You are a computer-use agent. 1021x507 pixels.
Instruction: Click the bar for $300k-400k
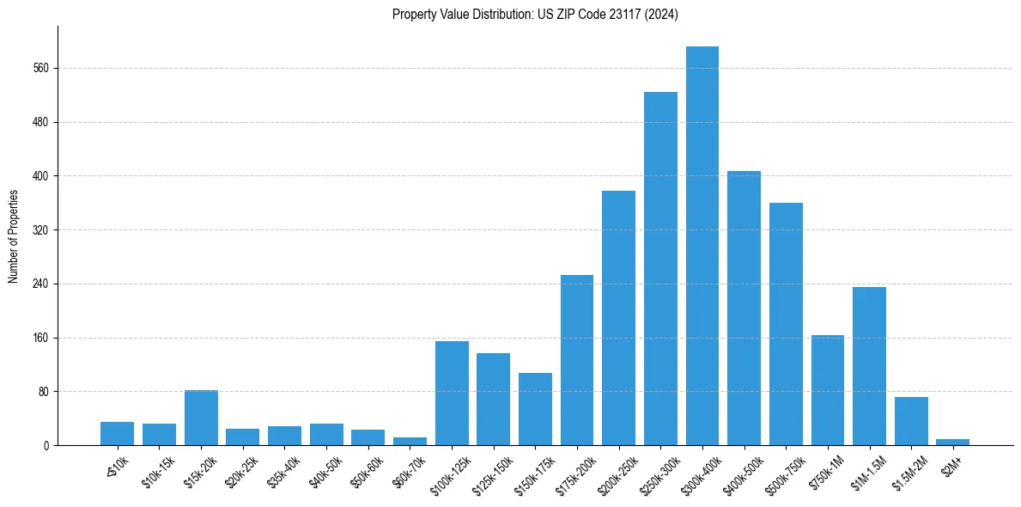(702, 246)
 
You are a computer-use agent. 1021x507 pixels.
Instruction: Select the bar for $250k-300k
(660, 268)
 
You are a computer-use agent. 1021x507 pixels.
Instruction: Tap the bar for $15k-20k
(201, 418)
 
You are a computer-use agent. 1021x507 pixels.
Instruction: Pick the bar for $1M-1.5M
(869, 366)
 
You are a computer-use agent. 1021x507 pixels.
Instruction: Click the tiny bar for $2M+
(953, 442)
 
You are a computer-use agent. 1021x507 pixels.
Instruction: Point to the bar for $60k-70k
(410, 441)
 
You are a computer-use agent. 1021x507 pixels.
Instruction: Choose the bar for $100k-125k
(452, 393)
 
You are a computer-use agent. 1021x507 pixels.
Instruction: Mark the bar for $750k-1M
(828, 390)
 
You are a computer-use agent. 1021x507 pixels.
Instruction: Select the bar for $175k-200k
(577, 360)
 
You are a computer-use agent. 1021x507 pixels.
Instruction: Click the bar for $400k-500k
(744, 308)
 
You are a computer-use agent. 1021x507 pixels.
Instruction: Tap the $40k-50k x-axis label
(326, 468)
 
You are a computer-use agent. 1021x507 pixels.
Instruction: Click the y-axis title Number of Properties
(13, 235)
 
